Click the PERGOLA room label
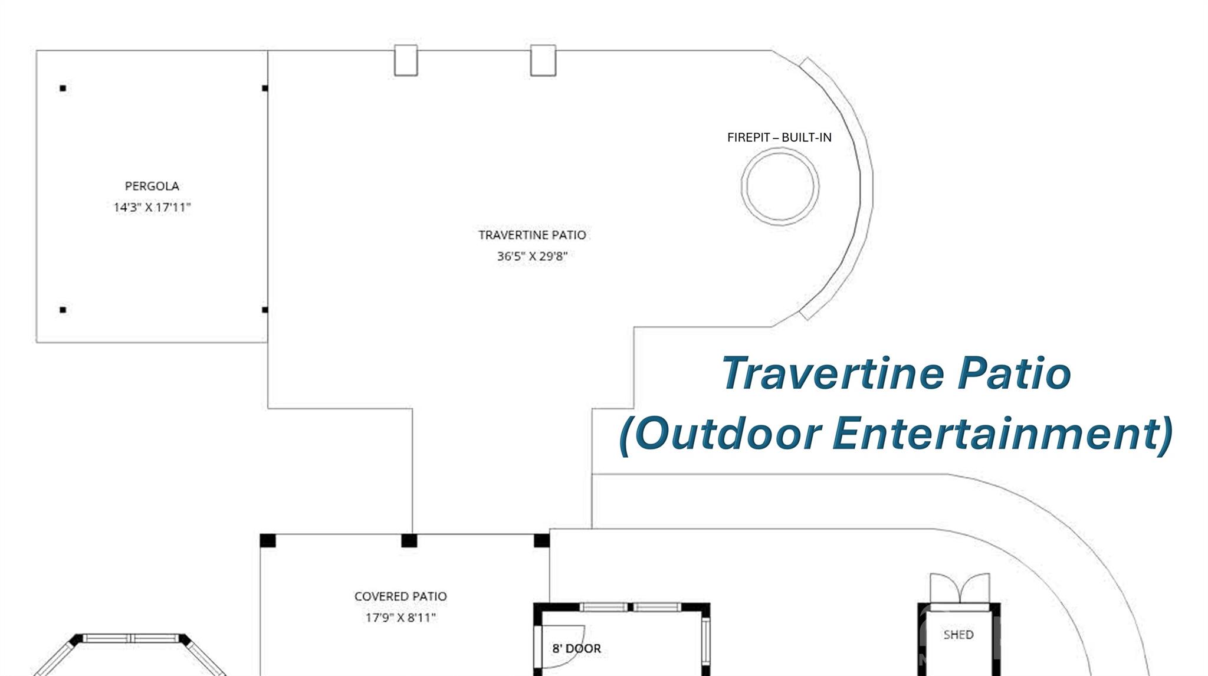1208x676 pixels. point(152,186)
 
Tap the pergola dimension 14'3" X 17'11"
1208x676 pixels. point(152,207)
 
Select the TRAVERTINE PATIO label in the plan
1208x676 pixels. point(532,235)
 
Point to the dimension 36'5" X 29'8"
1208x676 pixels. point(532,256)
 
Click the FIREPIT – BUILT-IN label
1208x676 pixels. point(779,137)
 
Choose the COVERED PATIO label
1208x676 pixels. point(401,596)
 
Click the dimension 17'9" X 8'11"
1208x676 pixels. point(401,618)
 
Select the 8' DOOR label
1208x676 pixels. point(576,648)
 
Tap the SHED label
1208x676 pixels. point(958,635)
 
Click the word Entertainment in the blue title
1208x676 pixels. point(1002,434)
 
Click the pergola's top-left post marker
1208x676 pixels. point(63,88)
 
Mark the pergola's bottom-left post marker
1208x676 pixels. point(63,310)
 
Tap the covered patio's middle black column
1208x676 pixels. point(409,540)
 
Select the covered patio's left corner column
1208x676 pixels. point(268,540)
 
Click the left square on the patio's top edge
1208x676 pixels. point(406,60)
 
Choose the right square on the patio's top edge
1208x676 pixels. point(543,60)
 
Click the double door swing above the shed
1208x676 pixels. point(960,588)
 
